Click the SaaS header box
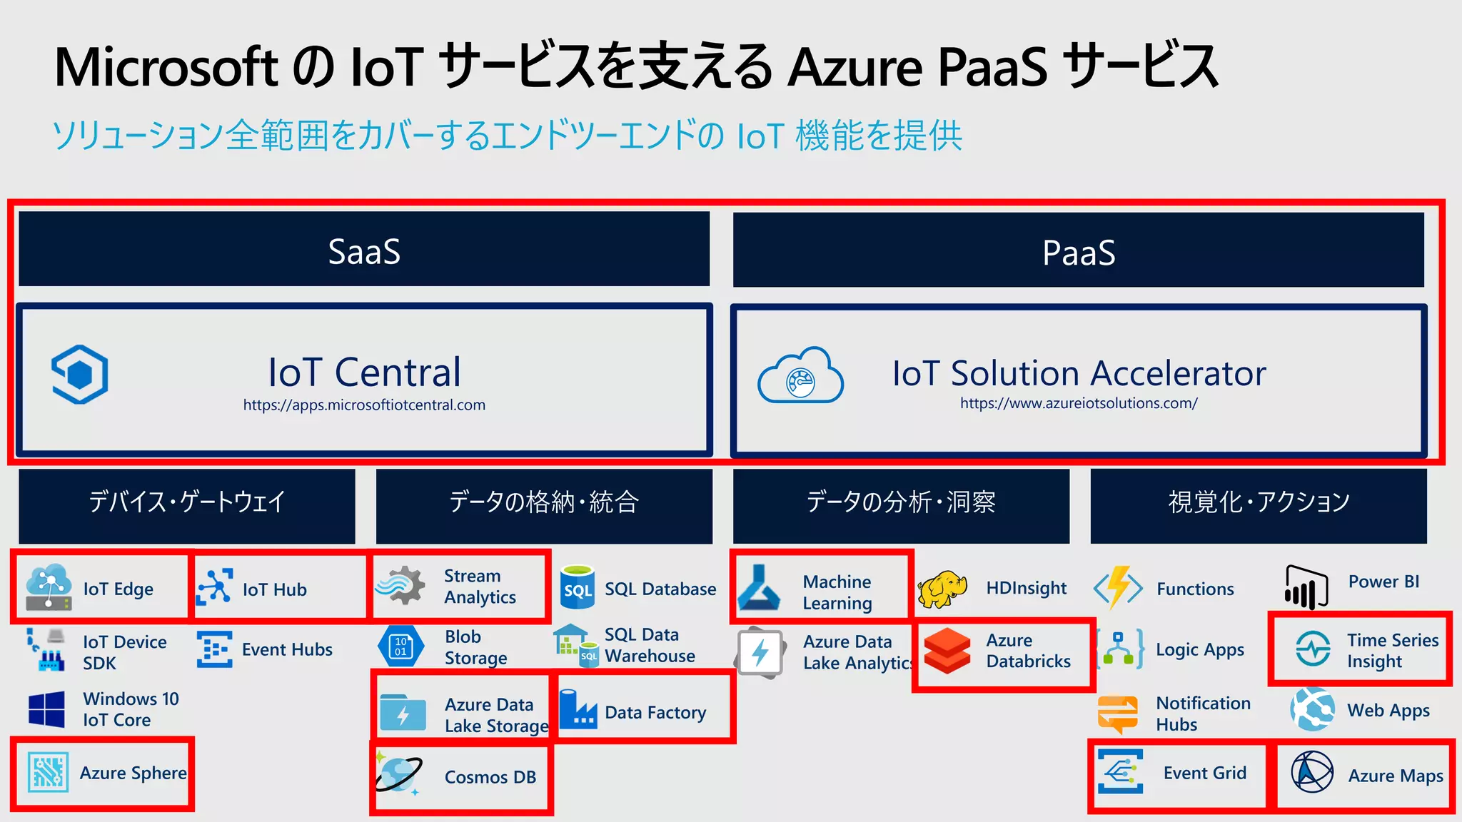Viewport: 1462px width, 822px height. (x=364, y=249)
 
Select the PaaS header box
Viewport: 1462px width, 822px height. (x=1078, y=250)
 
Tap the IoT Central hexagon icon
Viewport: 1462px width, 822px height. (x=80, y=374)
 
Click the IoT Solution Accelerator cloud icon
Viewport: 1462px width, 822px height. (x=800, y=376)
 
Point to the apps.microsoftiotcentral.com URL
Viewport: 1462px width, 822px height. (x=364, y=405)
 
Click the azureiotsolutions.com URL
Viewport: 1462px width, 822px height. (x=1078, y=403)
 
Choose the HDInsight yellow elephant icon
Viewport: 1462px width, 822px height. (x=942, y=589)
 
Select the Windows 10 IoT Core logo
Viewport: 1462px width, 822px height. (x=47, y=709)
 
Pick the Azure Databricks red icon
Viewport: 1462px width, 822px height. (x=947, y=651)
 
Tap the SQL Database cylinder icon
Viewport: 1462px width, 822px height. (x=578, y=587)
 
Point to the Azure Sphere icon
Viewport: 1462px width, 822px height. (x=48, y=772)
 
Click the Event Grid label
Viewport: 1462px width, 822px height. (x=1204, y=773)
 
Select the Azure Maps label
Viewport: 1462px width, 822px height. (x=1395, y=776)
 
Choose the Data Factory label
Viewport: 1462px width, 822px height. (x=655, y=712)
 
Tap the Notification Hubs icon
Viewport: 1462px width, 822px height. (x=1118, y=714)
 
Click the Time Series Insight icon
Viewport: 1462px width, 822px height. (x=1313, y=649)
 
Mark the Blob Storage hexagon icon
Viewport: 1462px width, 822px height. (x=400, y=646)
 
